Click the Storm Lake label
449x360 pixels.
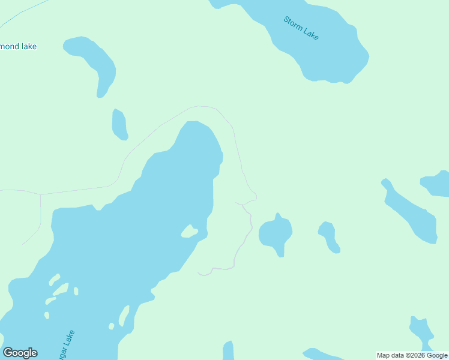point(301,28)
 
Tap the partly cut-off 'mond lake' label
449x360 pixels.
point(19,46)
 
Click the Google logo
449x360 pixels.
point(20,353)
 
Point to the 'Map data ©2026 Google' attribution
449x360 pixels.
point(412,355)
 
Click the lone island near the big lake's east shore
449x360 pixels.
point(190,231)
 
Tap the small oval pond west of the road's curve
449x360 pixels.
point(119,125)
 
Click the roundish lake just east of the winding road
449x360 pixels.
point(276,232)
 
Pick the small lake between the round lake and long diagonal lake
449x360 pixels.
point(328,235)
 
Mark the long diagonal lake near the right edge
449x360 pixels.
point(411,212)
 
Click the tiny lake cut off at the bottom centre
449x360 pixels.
point(228,350)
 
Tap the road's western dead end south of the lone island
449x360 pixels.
point(199,273)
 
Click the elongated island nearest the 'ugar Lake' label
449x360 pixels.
point(125,315)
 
